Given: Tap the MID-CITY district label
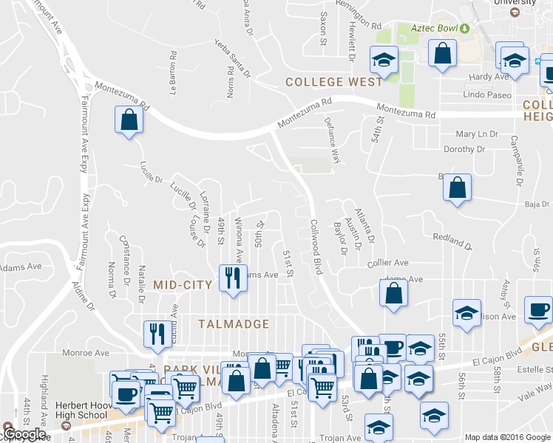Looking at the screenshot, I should pos(183,284).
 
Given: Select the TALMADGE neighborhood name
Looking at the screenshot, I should pos(233,323).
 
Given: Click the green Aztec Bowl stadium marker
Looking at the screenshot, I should pos(464,28).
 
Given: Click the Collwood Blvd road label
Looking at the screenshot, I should pos(317,247).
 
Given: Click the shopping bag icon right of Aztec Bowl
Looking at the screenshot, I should pos(442,53).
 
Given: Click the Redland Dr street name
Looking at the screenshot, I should pos(452,240).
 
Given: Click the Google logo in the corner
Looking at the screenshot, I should pos(24,434).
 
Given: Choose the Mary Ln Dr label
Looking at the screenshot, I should pos(477,134).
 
